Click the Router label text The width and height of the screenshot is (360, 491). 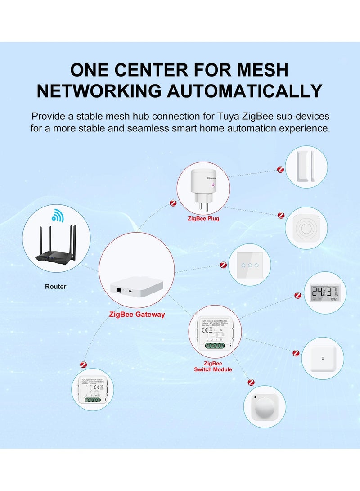55,287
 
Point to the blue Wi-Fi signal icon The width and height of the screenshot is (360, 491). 57,216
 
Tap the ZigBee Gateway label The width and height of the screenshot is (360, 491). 137,315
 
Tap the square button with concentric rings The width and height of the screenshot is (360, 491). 306,228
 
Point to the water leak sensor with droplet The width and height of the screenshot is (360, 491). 323,358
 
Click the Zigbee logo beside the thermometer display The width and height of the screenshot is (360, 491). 297,296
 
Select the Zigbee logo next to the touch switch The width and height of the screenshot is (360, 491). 222,266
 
